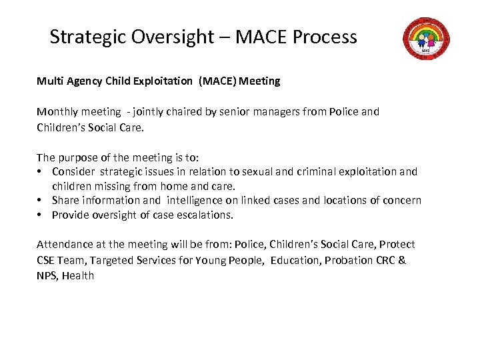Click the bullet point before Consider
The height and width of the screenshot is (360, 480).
click(x=41, y=172)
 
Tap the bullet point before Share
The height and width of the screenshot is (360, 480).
click(x=41, y=201)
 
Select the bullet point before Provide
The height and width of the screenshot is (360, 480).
click(x=41, y=215)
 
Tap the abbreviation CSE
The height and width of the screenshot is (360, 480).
click(x=48, y=261)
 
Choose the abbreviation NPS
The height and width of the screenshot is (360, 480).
click(x=47, y=275)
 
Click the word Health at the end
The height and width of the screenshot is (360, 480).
click(x=78, y=275)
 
